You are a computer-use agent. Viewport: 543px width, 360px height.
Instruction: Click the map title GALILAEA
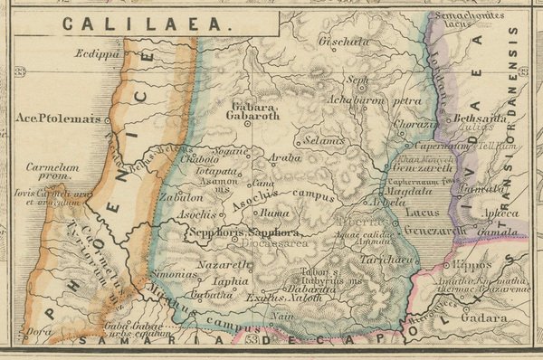click(x=148, y=25)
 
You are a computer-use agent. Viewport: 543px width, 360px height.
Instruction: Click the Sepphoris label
click(x=214, y=232)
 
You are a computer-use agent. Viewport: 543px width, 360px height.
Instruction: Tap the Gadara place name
click(x=483, y=318)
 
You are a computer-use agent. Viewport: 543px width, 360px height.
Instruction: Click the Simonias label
click(x=172, y=272)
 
